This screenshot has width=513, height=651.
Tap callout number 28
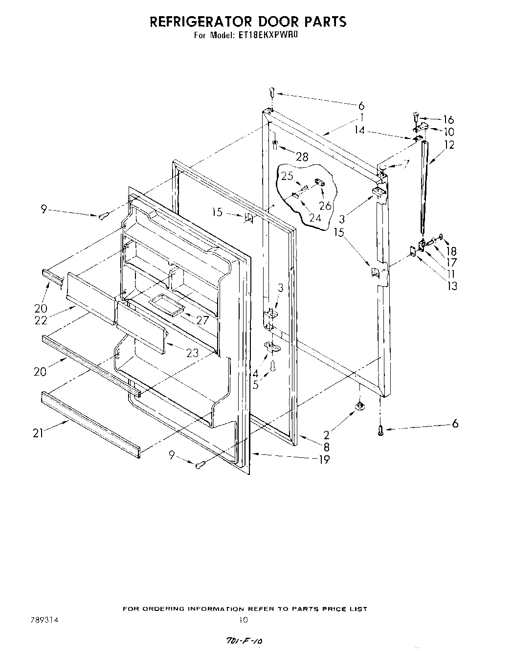pos(302,157)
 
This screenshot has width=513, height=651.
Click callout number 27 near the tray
pos(202,321)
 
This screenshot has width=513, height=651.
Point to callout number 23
pos(193,352)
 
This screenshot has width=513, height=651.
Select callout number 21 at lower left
pos(38,433)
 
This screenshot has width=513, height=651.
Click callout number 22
pos(41,320)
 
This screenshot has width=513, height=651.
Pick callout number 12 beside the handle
pos(449,144)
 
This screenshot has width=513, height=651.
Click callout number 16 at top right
pos(448,120)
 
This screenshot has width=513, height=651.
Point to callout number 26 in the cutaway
pos(325,206)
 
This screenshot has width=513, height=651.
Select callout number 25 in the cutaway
pos(287,176)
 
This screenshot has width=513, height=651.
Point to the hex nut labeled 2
pos(359,405)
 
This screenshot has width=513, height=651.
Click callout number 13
pos(452,286)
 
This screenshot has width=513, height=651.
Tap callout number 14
pos(359,131)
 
